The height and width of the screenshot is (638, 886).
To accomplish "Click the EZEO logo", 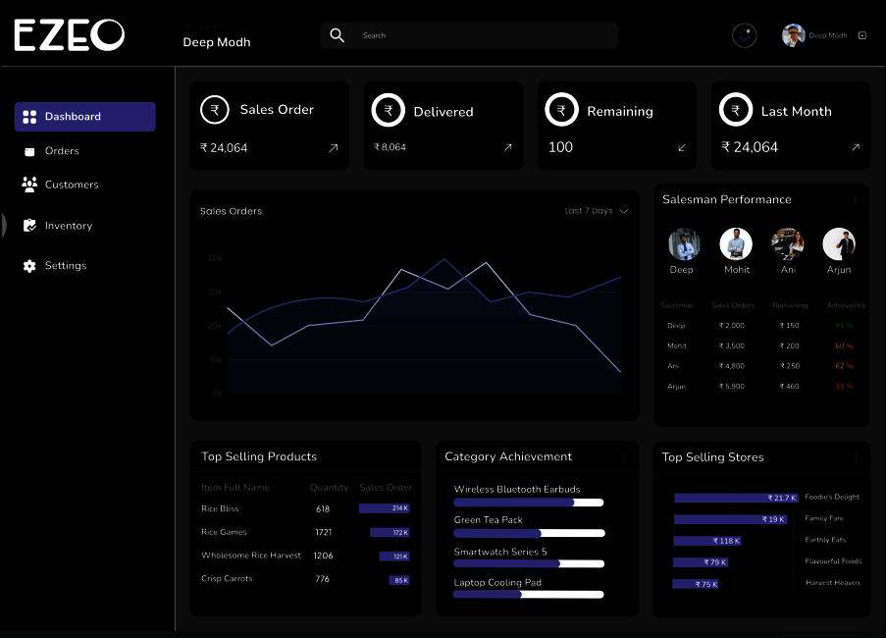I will click(69, 35).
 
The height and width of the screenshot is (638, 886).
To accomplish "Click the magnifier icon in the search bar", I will click(337, 35).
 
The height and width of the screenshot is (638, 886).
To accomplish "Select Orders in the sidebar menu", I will click(62, 151).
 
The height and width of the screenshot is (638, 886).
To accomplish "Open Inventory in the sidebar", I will click(68, 226).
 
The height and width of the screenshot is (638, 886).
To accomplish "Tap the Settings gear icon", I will click(29, 266).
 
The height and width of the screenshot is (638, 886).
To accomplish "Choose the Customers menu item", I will click(71, 185).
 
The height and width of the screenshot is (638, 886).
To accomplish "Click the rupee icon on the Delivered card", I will click(389, 111).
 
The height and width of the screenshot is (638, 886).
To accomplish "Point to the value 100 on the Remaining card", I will click(560, 147).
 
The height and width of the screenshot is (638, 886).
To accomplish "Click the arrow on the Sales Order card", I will click(334, 148).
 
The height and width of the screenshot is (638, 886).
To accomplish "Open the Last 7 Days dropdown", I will click(596, 211).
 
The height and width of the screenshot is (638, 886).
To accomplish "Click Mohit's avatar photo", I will click(736, 243).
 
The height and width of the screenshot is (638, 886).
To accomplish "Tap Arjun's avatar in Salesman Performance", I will click(839, 243).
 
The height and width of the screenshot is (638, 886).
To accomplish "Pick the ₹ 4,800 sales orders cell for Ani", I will click(732, 366).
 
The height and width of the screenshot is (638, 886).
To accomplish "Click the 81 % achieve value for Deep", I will click(843, 325).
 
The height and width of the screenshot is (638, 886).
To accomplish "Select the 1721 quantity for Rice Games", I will click(323, 532).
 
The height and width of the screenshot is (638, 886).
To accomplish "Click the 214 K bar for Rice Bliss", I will click(384, 508).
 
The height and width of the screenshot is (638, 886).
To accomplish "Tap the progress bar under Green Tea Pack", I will click(528, 533).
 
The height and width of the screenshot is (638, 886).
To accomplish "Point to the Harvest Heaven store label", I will click(832, 583).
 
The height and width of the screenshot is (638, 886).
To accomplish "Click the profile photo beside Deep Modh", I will click(793, 35).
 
